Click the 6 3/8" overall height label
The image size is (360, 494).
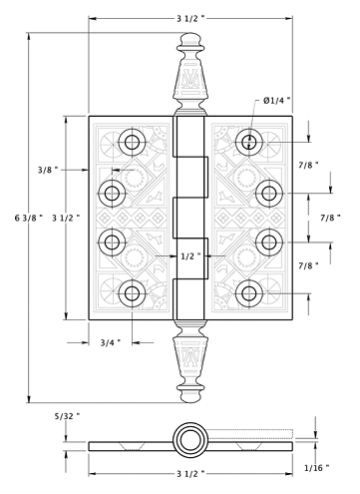coord(29,218)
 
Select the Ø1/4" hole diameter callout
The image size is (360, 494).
coord(277,100)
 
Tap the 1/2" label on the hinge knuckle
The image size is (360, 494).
coord(190,256)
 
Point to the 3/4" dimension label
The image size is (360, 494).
coord(111,342)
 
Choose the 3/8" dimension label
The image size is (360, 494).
coord(48,170)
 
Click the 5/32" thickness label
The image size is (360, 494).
coord(68,415)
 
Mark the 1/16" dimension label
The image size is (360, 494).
coord(317,468)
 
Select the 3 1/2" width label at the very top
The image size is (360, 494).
coord(190,18)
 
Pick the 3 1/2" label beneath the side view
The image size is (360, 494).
coord(190,474)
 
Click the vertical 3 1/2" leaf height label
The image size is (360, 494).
coord(66,218)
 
